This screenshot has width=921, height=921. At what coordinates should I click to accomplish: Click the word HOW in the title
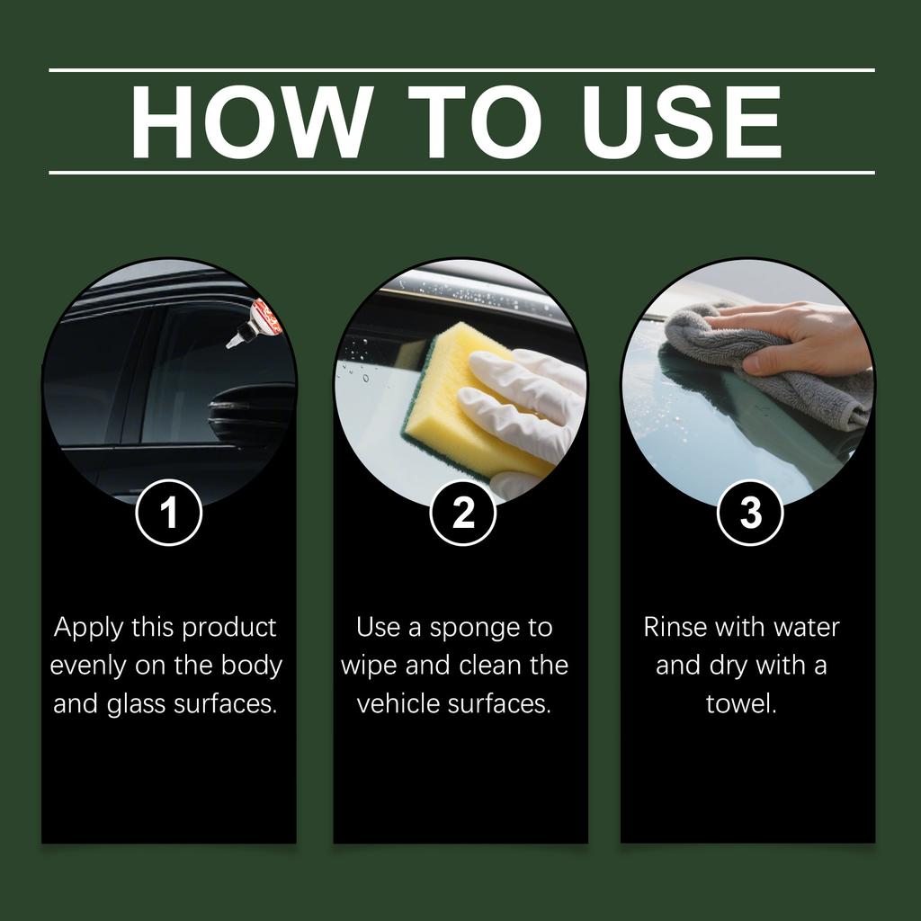[252, 122]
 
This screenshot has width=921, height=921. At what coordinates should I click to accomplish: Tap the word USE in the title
[682, 122]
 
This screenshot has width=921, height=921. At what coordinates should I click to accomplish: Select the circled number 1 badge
[169, 512]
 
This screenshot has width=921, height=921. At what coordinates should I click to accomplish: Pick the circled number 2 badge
[463, 512]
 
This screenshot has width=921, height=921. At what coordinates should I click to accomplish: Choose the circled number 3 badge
[751, 512]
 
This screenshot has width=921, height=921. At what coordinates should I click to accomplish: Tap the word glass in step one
[137, 704]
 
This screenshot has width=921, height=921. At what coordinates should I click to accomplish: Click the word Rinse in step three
[675, 627]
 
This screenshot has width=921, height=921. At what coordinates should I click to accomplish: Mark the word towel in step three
[741, 703]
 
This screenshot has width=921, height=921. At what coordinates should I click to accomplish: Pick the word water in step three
[807, 628]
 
